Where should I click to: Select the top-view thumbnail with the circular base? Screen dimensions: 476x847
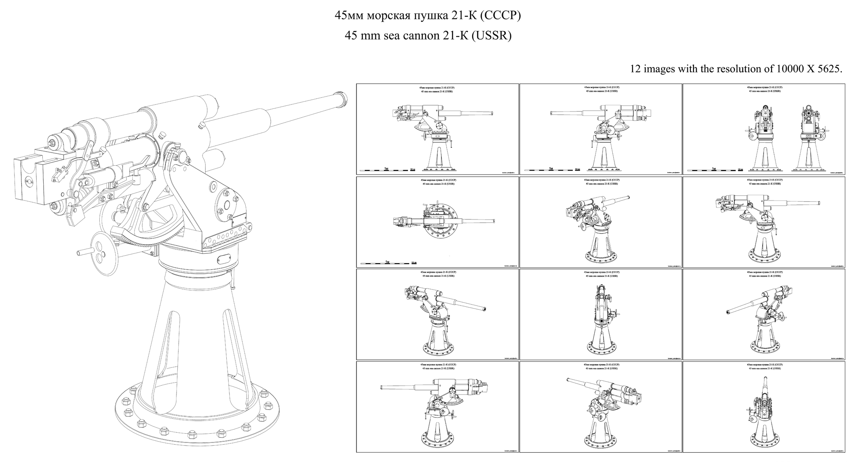click(x=437, y=222)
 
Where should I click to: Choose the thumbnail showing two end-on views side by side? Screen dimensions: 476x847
click(x=764, y=129)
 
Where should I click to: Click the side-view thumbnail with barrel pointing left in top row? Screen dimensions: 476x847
click(x=600, y=129)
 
